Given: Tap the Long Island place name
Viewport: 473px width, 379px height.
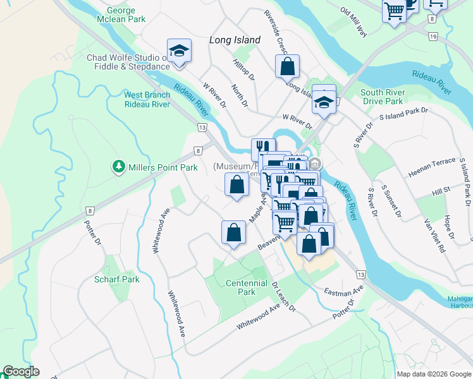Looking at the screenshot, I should [x=235, y=40].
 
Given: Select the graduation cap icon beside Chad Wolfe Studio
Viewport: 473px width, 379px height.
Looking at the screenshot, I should [x=179, y=51].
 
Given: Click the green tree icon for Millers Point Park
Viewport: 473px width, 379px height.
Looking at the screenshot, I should [x=118, y=167].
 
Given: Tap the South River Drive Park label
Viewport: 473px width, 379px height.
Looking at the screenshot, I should [x=382, y=97].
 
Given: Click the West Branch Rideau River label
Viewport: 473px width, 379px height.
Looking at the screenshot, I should [x=147, y=99].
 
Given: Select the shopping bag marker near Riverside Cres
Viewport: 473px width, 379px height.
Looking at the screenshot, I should [x=287, y=66].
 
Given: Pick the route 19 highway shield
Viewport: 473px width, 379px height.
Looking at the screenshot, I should [x=433, y=37].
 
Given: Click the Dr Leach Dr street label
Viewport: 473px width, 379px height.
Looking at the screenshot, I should [x=283, y=296].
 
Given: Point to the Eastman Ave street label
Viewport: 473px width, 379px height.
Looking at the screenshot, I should [x=344, y=291].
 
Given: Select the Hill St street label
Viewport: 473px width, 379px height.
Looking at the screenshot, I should [x=441, y=189].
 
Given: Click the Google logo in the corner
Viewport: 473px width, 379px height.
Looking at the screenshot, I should [x=21, y=371].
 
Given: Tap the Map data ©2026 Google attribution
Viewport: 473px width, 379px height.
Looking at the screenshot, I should [x=434, y=374].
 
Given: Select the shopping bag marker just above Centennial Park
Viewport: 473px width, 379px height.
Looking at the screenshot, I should [x=233, y=232].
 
